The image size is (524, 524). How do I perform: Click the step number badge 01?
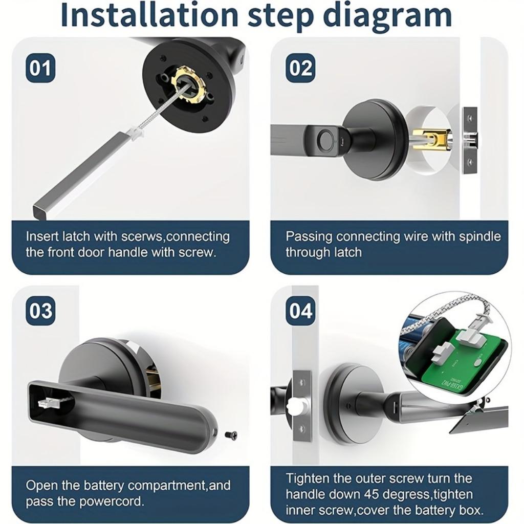point(40,68)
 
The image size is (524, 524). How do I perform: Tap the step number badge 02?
point(300,68)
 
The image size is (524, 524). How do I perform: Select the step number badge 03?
point(40,311)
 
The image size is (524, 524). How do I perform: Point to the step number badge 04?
point(300,311)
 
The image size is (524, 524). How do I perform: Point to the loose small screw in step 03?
point(231,435)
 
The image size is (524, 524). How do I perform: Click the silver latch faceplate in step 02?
point(470,140)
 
